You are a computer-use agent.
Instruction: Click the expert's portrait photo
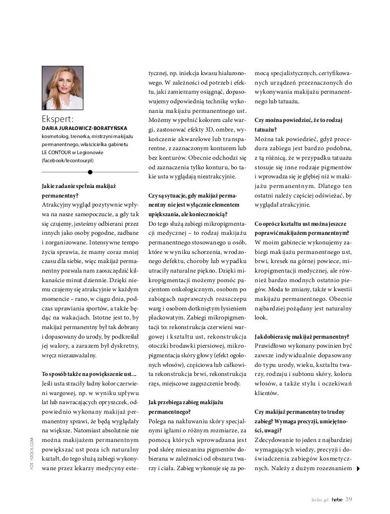point(63,88)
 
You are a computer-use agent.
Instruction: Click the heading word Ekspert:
point(58,119)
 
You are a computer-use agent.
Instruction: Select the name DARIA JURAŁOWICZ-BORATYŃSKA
point(85,128)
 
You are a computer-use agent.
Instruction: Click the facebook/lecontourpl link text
point(67,160)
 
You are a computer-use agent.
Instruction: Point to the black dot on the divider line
point(90,172)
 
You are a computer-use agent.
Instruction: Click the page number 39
point(348,499)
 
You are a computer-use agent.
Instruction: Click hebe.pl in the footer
point(319,499)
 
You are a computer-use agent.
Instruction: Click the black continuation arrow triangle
point(358,469)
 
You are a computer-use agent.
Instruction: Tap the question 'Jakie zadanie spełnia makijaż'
point(79,186)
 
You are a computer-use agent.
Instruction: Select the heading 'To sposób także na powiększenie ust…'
point(89,374)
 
